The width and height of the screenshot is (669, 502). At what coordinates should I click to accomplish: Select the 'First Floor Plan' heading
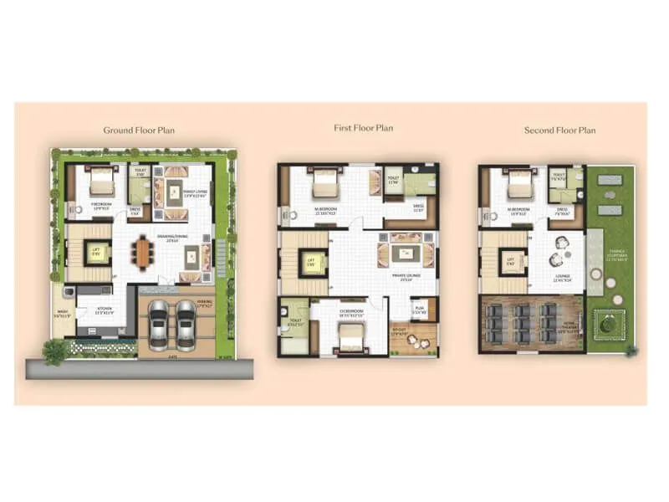pyautogui.click(x=363, y=128)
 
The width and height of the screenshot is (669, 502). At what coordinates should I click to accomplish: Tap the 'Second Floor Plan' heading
pyautogui.click(x=559, y=130)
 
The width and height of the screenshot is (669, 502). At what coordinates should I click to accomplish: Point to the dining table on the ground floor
pyautogui.click(x=144, y=253)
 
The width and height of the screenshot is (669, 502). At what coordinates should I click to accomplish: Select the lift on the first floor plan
pyautogui.click(x=309, y=263)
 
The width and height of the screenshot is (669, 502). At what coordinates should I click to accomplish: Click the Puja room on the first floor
pyautogui.click(x=421, y=308)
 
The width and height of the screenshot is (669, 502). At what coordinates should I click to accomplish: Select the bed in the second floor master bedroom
pyautogui.click(x=519, y=185)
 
